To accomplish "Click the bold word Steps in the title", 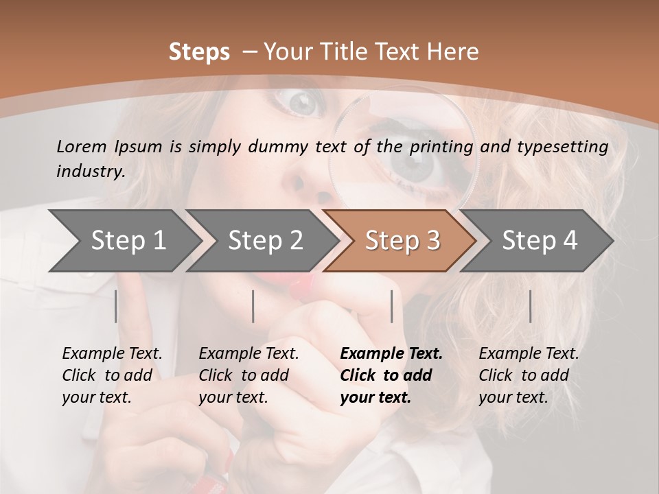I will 199,52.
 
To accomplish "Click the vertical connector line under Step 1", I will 116,306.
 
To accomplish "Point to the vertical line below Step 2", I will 253,306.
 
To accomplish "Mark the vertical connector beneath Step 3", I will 391,306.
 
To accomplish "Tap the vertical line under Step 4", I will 530,306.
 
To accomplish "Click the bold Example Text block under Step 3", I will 391,375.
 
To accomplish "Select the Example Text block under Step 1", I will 112,375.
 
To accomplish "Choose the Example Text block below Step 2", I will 248,375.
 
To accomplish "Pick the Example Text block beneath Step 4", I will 529,375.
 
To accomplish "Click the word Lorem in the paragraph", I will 82,146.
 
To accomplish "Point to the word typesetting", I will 562,147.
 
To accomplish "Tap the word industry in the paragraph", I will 90,172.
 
